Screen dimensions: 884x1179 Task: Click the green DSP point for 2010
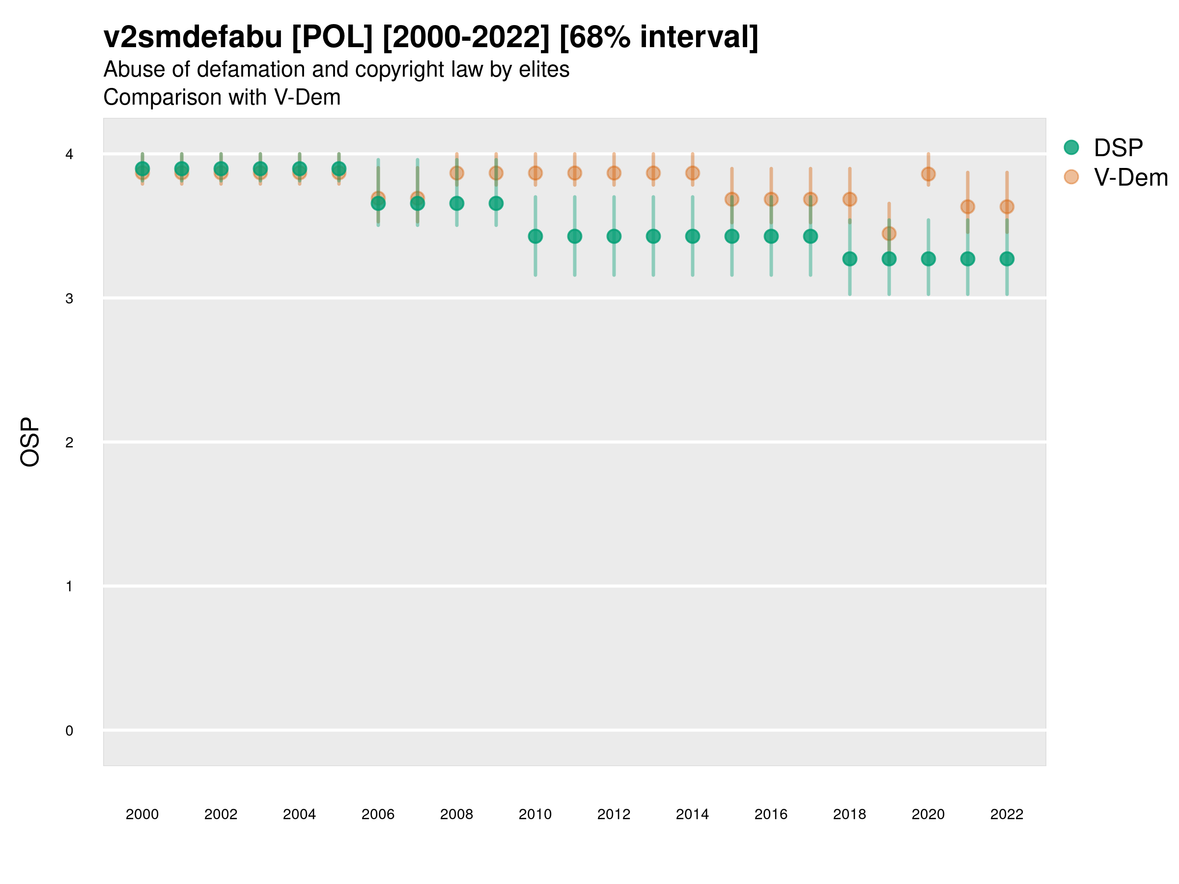point(535,236)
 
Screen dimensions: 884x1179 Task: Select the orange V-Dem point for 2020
point(928,174)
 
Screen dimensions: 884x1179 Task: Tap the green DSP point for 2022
point(1006,259)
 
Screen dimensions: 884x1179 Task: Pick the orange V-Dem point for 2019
point(889,233)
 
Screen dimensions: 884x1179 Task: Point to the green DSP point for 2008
point(457,203)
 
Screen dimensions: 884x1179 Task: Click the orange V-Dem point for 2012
point(614,173)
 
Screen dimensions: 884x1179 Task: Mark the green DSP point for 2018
point(849,259)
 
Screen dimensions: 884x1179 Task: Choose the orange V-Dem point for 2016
point(771,199)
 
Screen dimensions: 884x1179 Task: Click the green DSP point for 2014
point(692,236)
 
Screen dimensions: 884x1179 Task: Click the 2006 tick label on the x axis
point(378,814)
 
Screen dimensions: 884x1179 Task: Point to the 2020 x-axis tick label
point(928,814)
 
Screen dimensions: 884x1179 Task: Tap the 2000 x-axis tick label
point(142,814)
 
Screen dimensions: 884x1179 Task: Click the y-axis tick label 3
point(69,299)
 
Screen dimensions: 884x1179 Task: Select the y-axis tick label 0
point(69,731)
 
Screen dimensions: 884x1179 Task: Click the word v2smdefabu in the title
point(193,37)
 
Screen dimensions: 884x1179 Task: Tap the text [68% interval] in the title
point(658,37)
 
